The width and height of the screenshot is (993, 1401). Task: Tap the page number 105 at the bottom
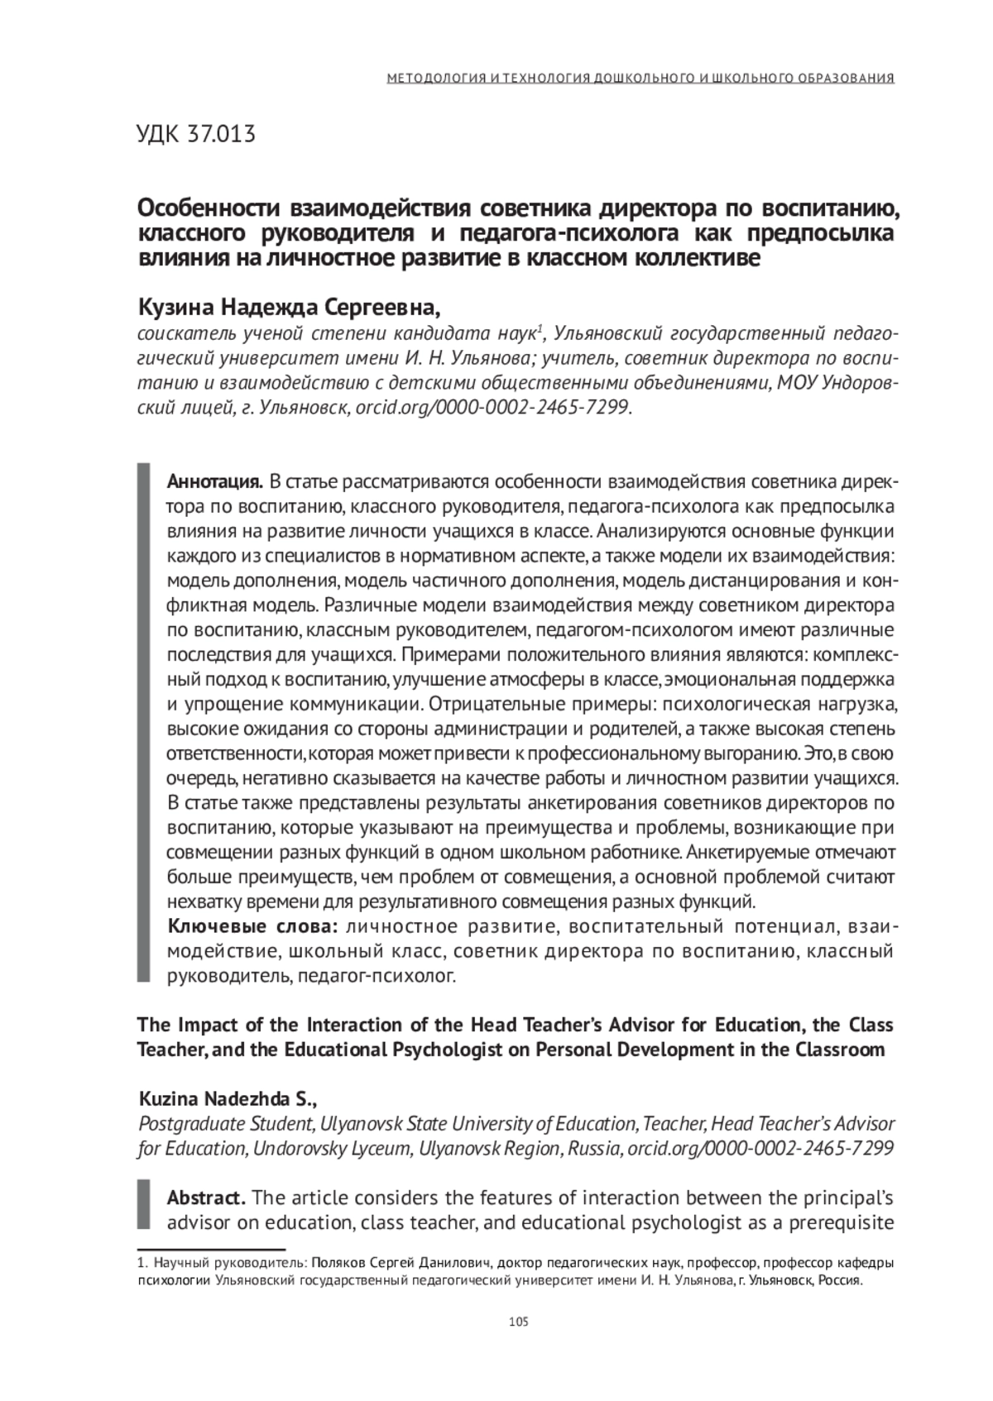click(x=519, y=1321)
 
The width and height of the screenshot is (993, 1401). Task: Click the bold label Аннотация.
click(x=215, y=482)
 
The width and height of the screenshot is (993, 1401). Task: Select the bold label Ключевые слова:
click(x=253, y=925)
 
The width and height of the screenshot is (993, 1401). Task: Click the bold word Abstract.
click(x=206, y=1198)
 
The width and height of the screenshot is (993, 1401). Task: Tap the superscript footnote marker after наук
click(x=540, y=330)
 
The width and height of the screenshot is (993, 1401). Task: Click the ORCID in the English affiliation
click(x=760, y=1149)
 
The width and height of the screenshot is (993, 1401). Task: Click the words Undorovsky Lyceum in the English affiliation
click(x=331, y=1149)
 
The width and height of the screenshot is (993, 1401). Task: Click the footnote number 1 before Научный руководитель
click(x=140, y=1264)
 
